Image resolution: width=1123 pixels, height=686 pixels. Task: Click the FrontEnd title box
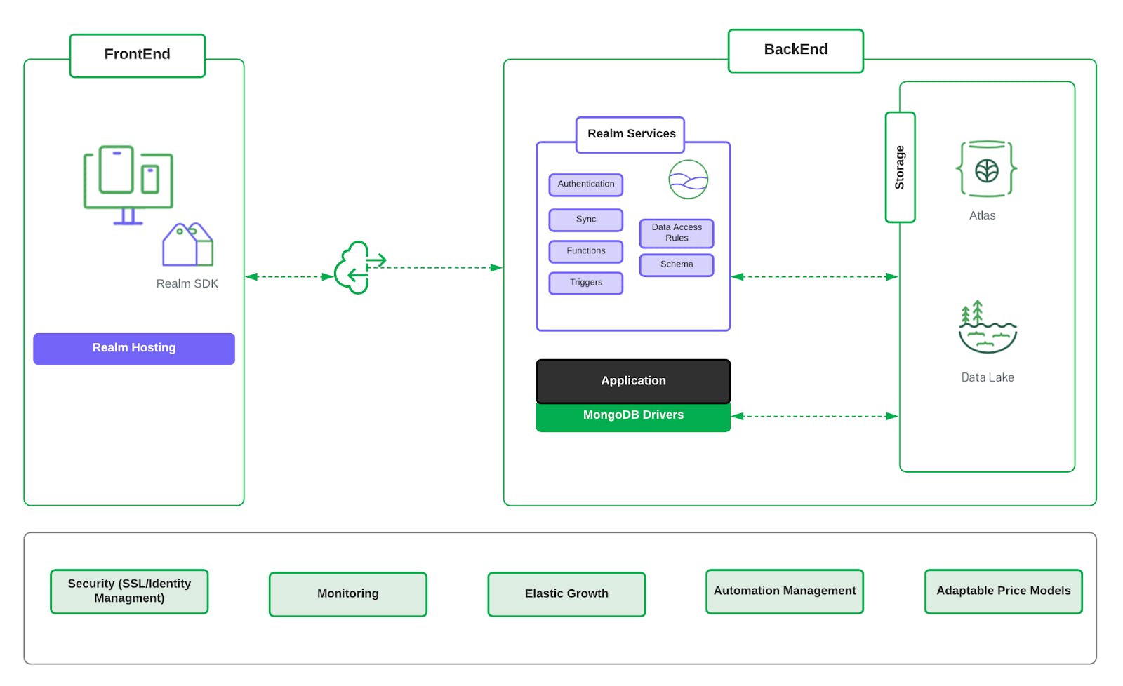click(x=138, y=55)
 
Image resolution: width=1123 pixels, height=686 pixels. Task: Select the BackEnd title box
click(x=795, y=51)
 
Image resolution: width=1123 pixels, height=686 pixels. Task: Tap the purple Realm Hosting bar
click(x=134, y=349)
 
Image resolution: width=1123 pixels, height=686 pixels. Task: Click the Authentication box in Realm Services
click(x=585, y=184)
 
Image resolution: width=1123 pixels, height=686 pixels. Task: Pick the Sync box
click(x=585, y=220)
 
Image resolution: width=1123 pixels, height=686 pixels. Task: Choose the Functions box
click(x=585, y=251)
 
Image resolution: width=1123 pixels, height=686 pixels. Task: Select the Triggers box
click(x=585, y=283)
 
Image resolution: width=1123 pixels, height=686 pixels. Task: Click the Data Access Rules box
click(x=676, y=233)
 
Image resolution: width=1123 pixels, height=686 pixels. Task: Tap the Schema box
click(x=676, y=264)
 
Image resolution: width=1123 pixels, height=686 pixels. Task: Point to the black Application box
click(x=633, y=381)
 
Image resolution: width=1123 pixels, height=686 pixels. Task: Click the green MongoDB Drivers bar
click(x=633, y=417)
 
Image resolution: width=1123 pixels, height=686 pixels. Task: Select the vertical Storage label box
click(x=900, y=168)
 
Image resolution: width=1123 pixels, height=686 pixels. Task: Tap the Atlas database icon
click(x=986, y=169)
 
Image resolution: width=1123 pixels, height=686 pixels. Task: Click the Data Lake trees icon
click(x=987, y=328)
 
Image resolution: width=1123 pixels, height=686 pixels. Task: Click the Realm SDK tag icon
click(x=187, y=245)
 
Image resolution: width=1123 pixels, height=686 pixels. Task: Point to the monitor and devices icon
click(x=128, y=184)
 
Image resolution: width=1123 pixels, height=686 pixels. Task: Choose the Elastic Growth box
click(x=566, y=594)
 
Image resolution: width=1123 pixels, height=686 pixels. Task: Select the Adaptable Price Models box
click(x=1003, y=591)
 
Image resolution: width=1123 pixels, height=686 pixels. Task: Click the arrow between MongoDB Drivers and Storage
click(x=814, y=416)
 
